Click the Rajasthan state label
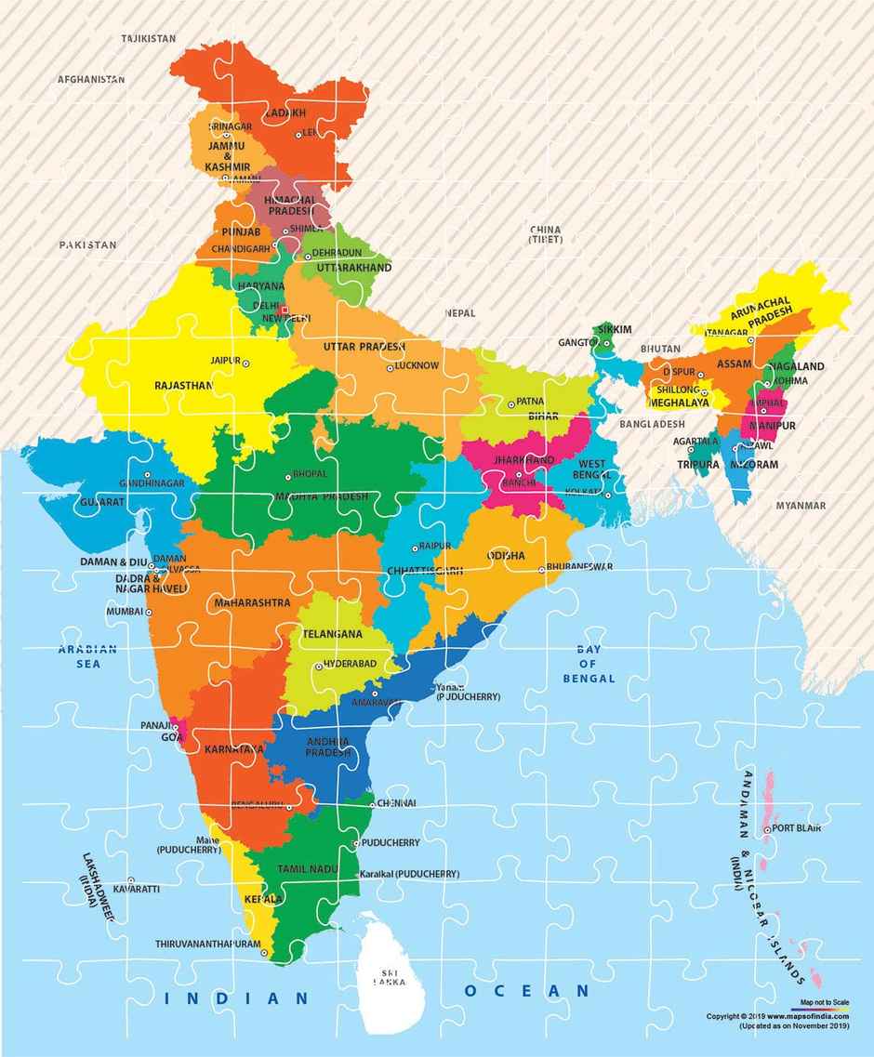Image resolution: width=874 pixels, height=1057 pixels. click(x=183, y=384)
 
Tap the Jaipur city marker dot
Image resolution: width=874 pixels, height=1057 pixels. click(x=246, y=363)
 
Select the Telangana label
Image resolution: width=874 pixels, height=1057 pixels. click(x=332, y=633)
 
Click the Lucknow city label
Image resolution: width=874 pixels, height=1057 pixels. click(x=417, y=365)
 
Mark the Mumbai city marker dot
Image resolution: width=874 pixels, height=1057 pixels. click(x=147, y=612)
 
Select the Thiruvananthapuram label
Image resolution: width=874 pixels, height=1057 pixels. click(x=207, y=943)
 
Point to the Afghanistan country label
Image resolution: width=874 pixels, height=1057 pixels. click(x=90, y=80)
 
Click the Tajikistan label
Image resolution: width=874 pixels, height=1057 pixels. click(x=148, y=39)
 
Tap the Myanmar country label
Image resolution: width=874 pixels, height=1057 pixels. click(x=801, y=505)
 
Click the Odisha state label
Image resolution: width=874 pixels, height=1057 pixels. click(x=505, y=555)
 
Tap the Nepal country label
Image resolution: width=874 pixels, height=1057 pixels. click(x=460, y=313)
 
